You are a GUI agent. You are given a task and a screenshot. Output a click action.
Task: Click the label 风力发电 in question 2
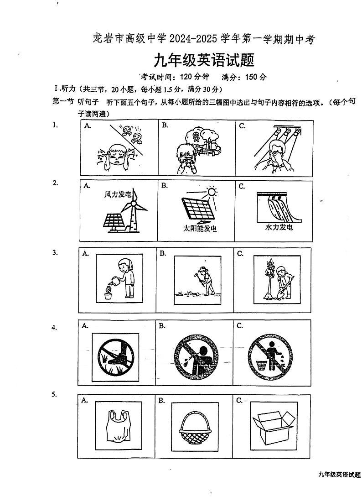tap(118, 195)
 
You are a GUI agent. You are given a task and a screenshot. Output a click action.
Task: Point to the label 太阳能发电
tap(200, 228)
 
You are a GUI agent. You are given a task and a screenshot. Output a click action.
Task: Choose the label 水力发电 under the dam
tap(279, 227)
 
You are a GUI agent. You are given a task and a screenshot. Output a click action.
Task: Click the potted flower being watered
tap(108, 293)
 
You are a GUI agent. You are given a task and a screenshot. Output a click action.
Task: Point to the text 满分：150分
tap(244, 77)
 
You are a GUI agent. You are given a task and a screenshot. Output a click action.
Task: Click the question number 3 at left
tap(55, 252)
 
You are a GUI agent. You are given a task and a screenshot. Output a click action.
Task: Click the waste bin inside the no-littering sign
tap(261, 365)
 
